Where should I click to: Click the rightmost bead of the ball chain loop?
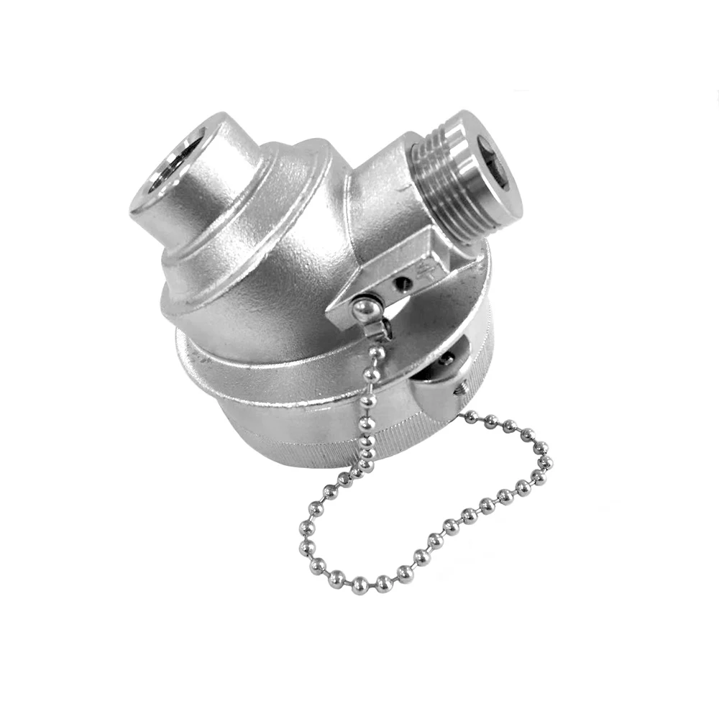coord(548,461)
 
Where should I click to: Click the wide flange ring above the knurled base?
coord(288,374)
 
